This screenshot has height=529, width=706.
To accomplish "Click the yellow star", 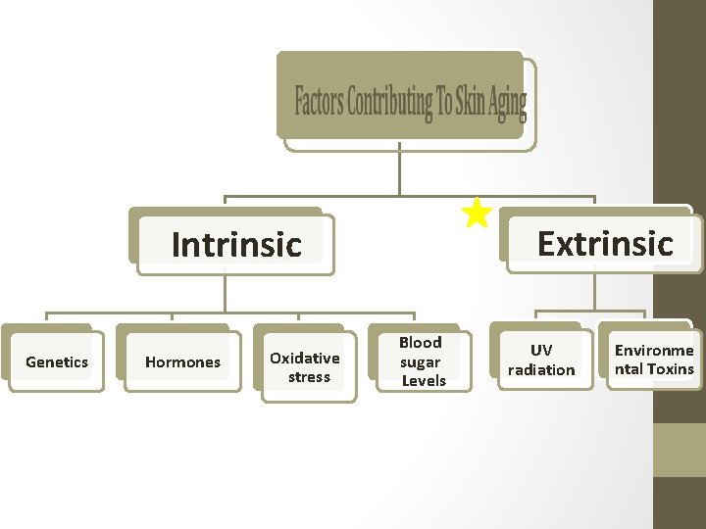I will pyautogui.click(x=477, y=212).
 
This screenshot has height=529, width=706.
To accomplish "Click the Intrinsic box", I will pyautogui.click(x=235, y=244).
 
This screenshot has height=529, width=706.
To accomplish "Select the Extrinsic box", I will pyautogui.click(x=604, y=242).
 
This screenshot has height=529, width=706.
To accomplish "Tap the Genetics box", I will pyautogui.click(x=57, y=361).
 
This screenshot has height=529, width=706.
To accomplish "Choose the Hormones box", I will pyautogui.click(x=182, y=361).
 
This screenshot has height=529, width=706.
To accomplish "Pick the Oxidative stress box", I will pyautogui.click(x=305, y=366).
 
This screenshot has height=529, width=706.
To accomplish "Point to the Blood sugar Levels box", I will pyautogui.click(x=421, y=361).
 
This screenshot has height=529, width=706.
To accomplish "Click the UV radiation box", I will pyautogui.click(x=541, y=360).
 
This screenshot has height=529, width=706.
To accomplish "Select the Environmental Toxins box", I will pyautogui.click(x=654, y=360).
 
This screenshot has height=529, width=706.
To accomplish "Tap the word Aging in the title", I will pyautogui.click(x=508, y=102).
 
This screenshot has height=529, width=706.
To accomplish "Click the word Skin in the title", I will pyautogui.click(x=472, y=102).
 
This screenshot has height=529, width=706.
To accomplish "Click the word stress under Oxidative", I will pyautogui.click(x=309, y=377).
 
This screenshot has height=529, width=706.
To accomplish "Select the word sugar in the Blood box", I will pyautogui.click(x=420, y=361).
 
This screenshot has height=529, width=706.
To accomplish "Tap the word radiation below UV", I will pyautogui.click(x=541, y=370).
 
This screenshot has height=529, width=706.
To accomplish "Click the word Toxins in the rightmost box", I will pyautogui.click(x=670, y=369).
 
